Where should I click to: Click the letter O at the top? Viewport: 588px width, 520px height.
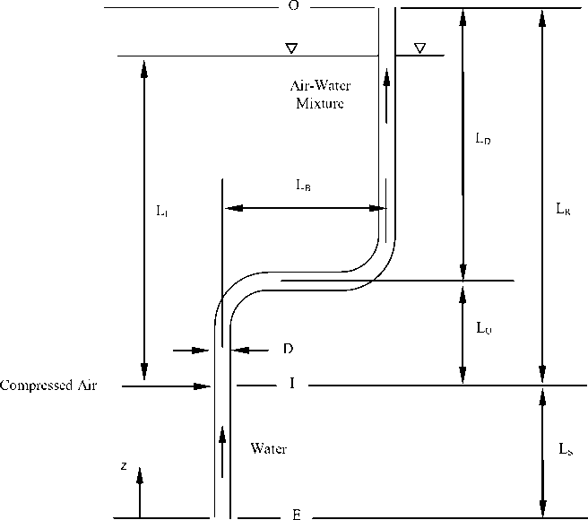click(x=292, y=6)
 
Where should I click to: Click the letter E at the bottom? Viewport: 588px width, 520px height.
click(x=295, y=516)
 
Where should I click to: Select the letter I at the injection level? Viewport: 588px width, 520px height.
click(x=292, y=384)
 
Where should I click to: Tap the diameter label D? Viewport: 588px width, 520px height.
click(x=289, y=348)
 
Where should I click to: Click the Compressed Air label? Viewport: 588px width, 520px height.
click(x=48, y=386)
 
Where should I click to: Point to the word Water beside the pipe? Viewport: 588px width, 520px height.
click(x=269, y=448)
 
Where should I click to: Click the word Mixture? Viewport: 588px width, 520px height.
click(x=320, y=103)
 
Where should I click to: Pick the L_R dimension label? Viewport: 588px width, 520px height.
click(x=563, y=209)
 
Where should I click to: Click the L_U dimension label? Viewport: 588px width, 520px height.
click(x=484, y=328)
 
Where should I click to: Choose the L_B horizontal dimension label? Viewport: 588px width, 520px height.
click(x=303, y=186)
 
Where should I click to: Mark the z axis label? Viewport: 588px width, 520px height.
click(x=126, y=466)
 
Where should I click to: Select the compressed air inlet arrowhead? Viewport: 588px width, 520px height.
click(x=203, y=386)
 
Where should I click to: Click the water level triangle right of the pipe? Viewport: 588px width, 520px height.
click(x=419, y=48)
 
